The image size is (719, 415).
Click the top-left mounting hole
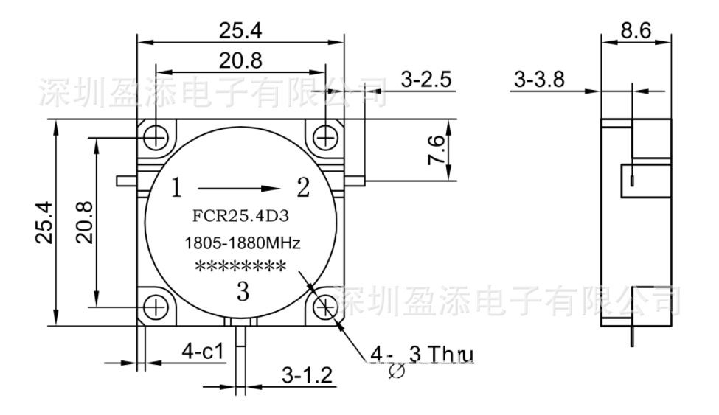click(156, 136)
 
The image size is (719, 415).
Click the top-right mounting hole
click(325, 136)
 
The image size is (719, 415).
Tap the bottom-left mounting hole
click(156, 305)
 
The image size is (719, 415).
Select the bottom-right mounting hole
click(325, 305)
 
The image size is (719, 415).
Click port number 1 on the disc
click(176, 189)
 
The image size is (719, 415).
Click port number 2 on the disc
click(302, 189)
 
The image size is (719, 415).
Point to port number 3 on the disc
click(243, 293)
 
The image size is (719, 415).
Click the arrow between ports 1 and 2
click(240, 188)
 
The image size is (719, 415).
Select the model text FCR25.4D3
click(240, 218)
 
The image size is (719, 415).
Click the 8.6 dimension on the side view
click(636, 30)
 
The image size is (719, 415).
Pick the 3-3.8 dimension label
click(540, 80)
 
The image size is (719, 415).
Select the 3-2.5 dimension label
click(426, 80)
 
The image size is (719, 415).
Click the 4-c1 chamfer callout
click(203, 351)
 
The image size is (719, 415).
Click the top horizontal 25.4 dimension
click(241, 30)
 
